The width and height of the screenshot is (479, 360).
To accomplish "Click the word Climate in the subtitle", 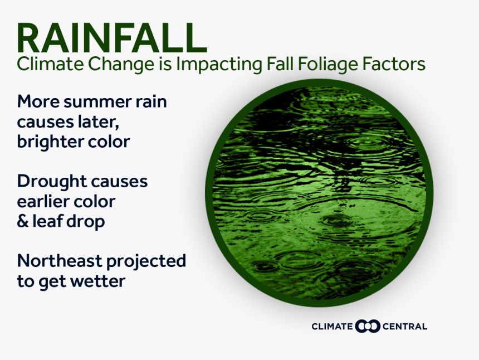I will [45, 64].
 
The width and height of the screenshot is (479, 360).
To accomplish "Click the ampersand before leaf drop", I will [23, 221].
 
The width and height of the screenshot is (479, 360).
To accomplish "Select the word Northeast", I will [59, 261].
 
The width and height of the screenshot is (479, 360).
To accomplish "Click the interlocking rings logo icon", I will [368, 326].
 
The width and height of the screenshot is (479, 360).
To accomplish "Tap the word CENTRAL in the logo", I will [405, 327].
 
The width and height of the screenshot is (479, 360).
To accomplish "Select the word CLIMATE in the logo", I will [333, 327].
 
